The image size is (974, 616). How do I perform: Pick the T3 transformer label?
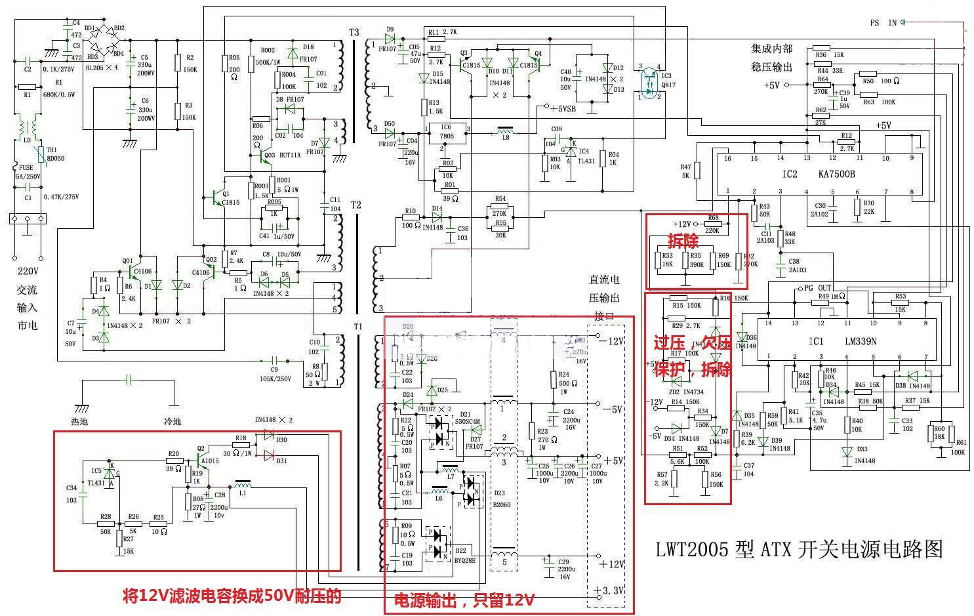pyautogui.click(x=354, y=32)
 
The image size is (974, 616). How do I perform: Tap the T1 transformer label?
pyautogui.click(x=357, y=326)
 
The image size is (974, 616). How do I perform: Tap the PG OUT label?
pyautogui.click(x=817, y=288)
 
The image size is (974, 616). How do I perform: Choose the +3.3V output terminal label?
pyautogui.click(x=609, y=590)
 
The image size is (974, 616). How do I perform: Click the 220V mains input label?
pyautogui.click(x=28, y=271)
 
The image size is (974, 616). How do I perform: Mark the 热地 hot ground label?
pyautogui.click(x=79, y=421)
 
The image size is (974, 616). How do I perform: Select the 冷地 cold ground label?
pyautogui.click(x=172, y=421)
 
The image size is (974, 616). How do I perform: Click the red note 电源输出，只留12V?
pyautogui.click(x=463, y=600)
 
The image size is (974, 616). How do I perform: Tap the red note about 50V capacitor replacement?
pyautogui.click(x=232, y=595)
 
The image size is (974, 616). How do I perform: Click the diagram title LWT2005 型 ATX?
pyautogui.click(x=799, y=549)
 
